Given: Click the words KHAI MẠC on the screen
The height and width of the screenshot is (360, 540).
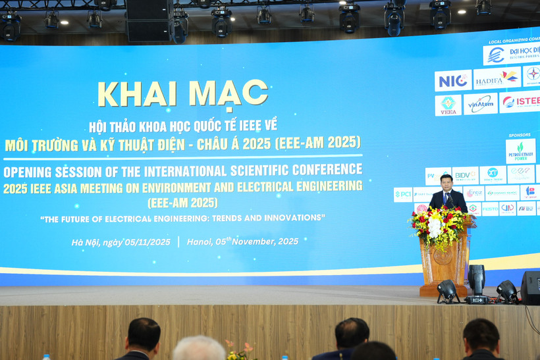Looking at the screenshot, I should coord(182,93).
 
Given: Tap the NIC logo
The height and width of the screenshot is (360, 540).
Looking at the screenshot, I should coord(452,80).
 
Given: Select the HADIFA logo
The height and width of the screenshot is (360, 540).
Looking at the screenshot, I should coord(497,78).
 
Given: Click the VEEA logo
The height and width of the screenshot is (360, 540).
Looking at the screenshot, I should coord(448,105).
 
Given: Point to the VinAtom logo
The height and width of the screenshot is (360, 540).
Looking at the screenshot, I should coord(480,104).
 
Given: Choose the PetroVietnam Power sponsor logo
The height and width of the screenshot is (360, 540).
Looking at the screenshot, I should coord(520,151).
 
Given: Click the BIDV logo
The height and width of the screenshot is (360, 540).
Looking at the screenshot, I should coord(465,175).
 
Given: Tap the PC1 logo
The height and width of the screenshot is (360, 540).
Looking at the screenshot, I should coord(402,195).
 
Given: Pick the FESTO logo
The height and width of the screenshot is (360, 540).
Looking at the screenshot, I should coord(490,209).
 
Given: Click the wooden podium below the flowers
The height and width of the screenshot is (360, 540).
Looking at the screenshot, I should coord(445,263).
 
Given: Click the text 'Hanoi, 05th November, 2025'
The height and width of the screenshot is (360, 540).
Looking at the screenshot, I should coord(242,242).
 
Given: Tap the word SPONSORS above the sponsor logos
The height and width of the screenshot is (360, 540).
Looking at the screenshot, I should coord(520,135).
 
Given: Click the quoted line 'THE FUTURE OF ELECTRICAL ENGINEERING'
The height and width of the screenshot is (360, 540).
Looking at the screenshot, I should coord(182,218).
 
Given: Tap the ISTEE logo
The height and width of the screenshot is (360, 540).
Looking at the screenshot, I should coord(520,102).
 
